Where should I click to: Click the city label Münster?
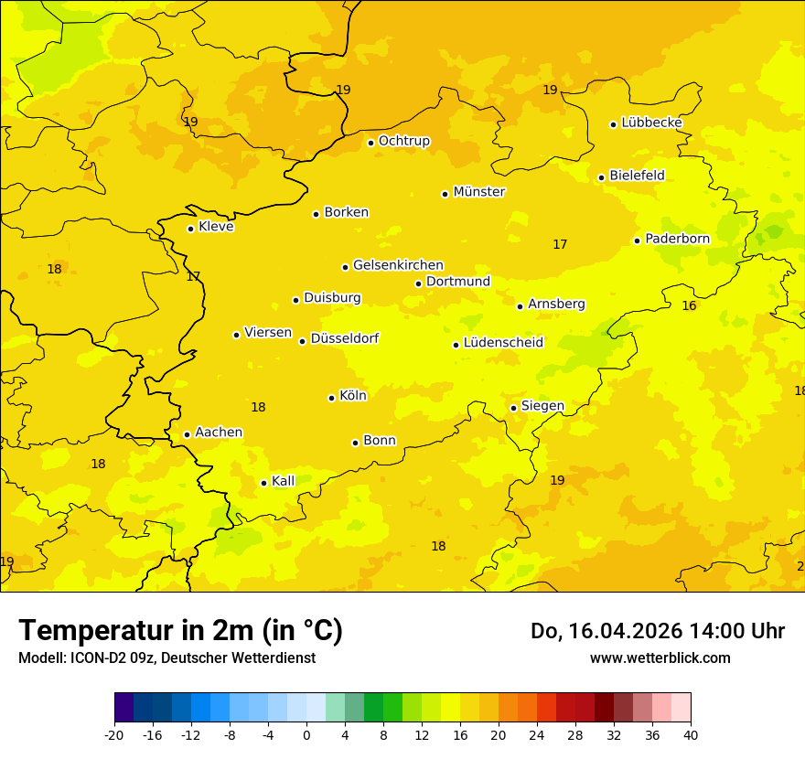click(x=479, y=192)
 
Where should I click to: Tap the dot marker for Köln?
click(x=331, y=398)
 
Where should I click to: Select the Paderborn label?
click(x=677, y=239)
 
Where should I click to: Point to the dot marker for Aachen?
click(x=187, y=434)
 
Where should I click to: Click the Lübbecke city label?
click(x=651, y=123)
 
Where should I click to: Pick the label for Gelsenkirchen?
click(x=398, y=265)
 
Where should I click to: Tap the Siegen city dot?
click(x=513, y=408)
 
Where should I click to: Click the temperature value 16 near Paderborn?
click(x=689, y=305)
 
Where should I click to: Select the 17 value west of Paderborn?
click(x=560, y=244)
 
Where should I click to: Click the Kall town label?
click(x=283, y=481)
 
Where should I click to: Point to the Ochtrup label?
click(x=403, y=141)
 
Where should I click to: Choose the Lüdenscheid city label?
click(x=503, y=343)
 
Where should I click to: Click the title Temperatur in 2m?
click(x=180, y=630)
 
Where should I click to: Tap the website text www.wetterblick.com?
click(x=660, y=657)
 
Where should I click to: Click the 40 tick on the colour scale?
click(x=691, y=734)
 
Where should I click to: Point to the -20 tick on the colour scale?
click(x=114, y=734)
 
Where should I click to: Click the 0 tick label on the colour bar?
click(x=306, y=734)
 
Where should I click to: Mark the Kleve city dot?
click(x=190, y=229)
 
